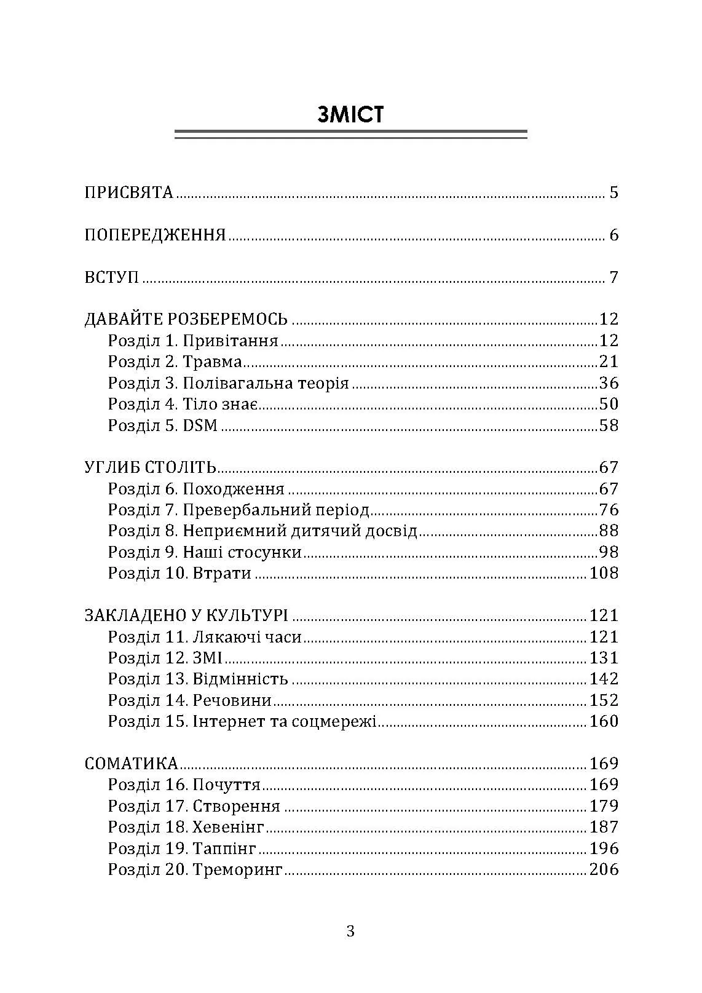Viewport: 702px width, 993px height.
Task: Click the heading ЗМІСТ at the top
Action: tap(350, 114)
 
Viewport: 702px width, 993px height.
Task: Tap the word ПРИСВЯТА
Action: tap(128, 192)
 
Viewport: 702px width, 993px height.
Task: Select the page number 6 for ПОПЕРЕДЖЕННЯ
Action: tap(613, 235)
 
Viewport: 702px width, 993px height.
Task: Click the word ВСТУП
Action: tap(111, 277)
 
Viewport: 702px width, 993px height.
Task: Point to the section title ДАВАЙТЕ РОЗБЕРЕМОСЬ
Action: tap(186, 319)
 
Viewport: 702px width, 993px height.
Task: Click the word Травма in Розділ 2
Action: tap(212, 362)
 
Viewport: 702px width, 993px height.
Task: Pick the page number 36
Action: tap(609, 383)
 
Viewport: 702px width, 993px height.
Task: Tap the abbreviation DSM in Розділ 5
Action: tap(200, 425)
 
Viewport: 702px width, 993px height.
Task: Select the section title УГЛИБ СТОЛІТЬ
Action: tap(150, 468)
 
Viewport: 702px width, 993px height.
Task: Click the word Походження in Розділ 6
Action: tap(234, 489)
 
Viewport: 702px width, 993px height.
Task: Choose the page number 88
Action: tap(609, 531)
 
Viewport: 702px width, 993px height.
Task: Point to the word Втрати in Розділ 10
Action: tap(222, 574)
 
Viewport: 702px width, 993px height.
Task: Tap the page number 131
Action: tap(604, 658)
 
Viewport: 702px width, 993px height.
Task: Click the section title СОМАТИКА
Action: tap(131, 764)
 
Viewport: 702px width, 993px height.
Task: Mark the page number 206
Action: tap(604, 869)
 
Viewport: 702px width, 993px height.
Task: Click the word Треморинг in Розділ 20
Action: tap(237, 870)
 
